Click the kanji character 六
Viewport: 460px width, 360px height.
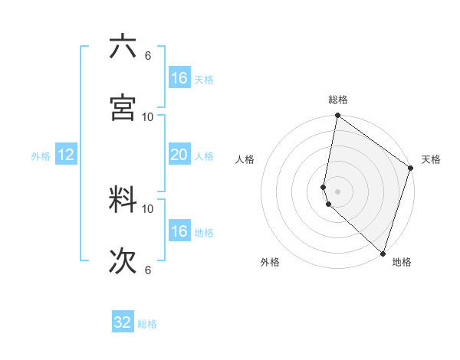(123, 47)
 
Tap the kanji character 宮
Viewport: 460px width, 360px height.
(123, 107)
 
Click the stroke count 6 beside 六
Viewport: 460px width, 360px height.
(147, 55)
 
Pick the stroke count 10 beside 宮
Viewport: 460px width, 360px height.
(148, 116)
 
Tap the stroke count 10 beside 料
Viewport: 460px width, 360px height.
(148, 208)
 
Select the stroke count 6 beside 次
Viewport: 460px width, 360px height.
(147, 270)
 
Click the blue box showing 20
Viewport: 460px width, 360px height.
(179, 155)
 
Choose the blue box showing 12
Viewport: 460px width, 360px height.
(66, 155)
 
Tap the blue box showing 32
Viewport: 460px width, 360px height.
(123, 322)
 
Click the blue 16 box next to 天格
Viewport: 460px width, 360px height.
(179, 78)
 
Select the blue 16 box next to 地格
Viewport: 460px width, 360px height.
(179, 231)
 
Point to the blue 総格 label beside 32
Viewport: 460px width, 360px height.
(147, 324)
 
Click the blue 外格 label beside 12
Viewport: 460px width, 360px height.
(41, 156)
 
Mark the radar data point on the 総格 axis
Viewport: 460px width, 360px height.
(337, 116)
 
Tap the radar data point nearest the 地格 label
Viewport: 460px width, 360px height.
(383, 254)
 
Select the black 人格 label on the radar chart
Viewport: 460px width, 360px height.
(245, 159)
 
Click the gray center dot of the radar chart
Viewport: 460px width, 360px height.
(337, 191)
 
